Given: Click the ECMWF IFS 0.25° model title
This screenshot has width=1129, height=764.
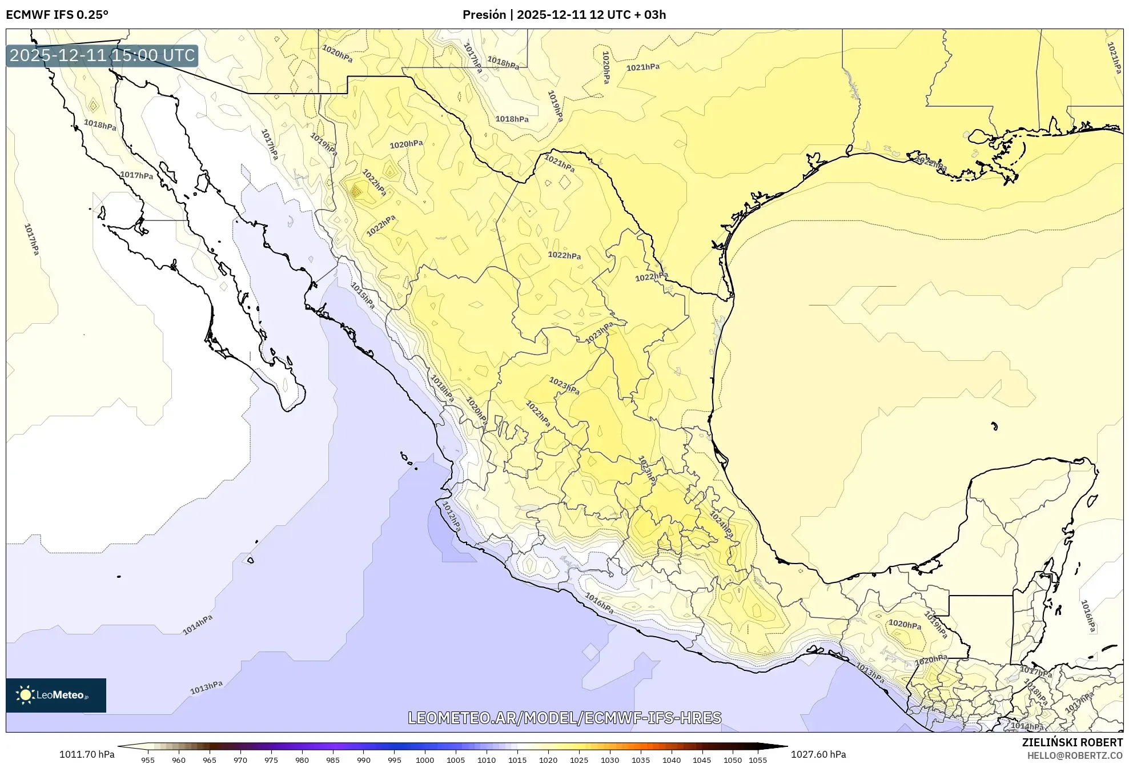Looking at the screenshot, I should pos(57,15).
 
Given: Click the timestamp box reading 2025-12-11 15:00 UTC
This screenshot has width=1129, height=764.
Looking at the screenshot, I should pos(102,55).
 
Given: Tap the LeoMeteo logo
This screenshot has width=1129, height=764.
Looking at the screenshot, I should pos(56,695).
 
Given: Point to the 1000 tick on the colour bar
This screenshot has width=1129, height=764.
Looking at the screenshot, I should pos(425,759).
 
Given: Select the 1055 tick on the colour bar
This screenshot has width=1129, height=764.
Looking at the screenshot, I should pos(757,759).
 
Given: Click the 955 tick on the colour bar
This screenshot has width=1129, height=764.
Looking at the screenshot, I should pos(148,759).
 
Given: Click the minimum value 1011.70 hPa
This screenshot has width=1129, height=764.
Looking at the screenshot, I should pos(87,754).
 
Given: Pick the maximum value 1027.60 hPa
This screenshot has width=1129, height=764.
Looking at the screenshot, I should pos(818,754).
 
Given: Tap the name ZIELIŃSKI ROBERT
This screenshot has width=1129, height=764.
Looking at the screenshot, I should pos(1072,742).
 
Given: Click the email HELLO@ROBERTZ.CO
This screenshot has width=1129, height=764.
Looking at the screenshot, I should pos(1075,755).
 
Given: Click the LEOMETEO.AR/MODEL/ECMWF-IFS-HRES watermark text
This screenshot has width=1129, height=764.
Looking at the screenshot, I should pos(564,718).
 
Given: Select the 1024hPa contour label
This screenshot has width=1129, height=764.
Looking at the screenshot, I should pos(721,524).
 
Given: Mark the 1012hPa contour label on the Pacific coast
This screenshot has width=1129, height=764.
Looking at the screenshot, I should pos(451,517).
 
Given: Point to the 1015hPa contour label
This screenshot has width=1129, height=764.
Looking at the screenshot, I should pos(363,296).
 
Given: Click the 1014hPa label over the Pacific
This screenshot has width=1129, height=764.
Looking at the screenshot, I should pos(198,625).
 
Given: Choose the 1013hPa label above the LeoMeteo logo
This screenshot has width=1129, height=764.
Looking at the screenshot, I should pos(206,687).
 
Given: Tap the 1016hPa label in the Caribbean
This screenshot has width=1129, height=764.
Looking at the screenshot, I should pos(1088,616).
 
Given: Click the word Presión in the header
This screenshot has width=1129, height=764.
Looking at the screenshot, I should pos(484,15).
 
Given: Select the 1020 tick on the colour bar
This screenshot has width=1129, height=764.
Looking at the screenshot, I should pos(548,759).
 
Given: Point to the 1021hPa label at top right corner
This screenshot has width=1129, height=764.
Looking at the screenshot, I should pos(1114,58).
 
